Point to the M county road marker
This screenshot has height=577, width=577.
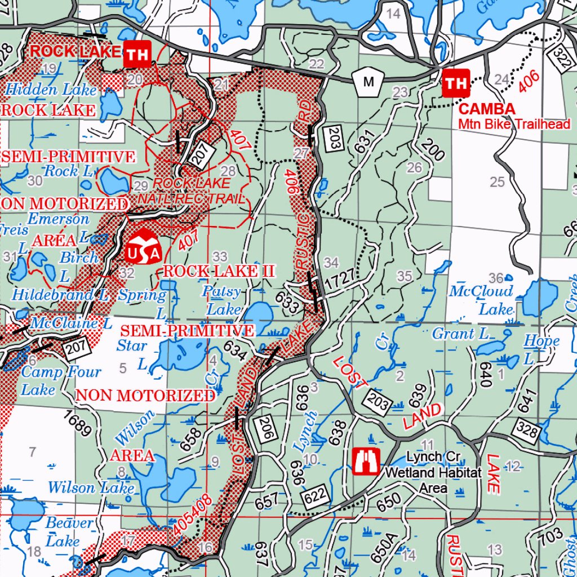click(368, 82)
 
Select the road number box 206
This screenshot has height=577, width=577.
click(263, 429)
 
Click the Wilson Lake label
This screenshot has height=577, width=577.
click(91, 487)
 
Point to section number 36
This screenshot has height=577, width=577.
click(495, 278)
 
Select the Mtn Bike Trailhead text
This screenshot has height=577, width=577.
click(513, 124)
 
